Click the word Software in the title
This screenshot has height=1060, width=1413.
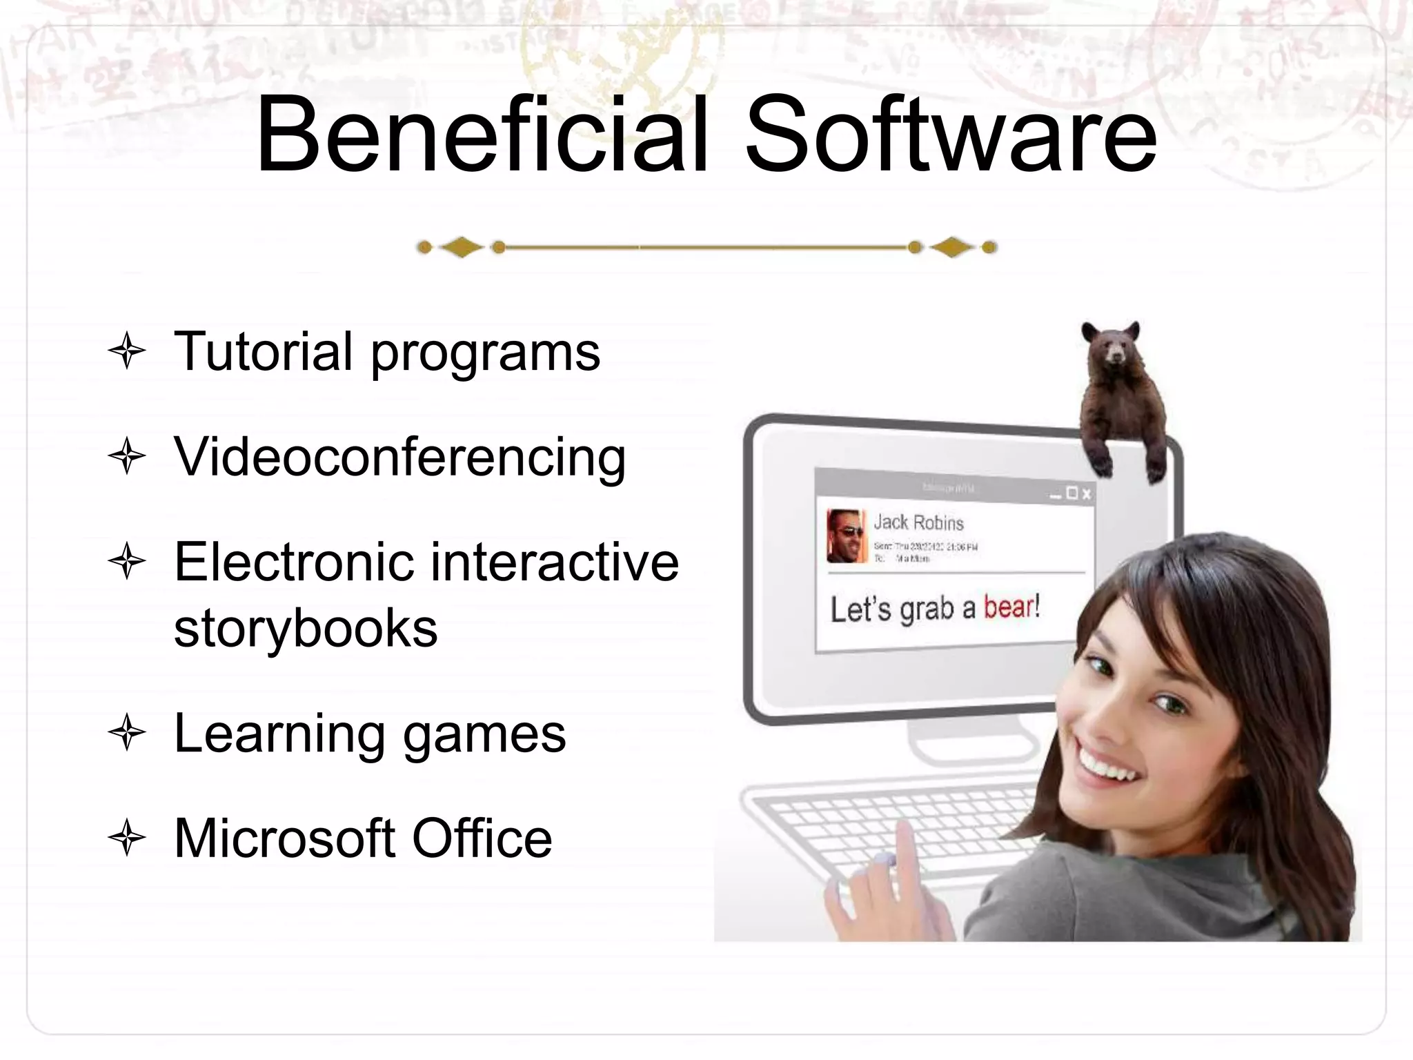coord(951,135)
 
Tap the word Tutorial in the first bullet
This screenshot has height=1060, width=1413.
coord(264,352)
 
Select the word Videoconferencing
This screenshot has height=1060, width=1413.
coord(400,458)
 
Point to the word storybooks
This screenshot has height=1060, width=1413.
coord(306,629)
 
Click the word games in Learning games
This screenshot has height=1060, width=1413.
coord(484,735)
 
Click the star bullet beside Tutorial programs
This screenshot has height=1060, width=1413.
coord(127,351)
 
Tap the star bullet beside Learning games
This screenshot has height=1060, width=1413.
coord(127,733)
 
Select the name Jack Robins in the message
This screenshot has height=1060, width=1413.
coord(918,522)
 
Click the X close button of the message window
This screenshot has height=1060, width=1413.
coord(1087,493)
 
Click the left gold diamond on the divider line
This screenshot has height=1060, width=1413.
coord(461,247)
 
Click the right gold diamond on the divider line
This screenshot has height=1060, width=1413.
coord(952,247)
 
